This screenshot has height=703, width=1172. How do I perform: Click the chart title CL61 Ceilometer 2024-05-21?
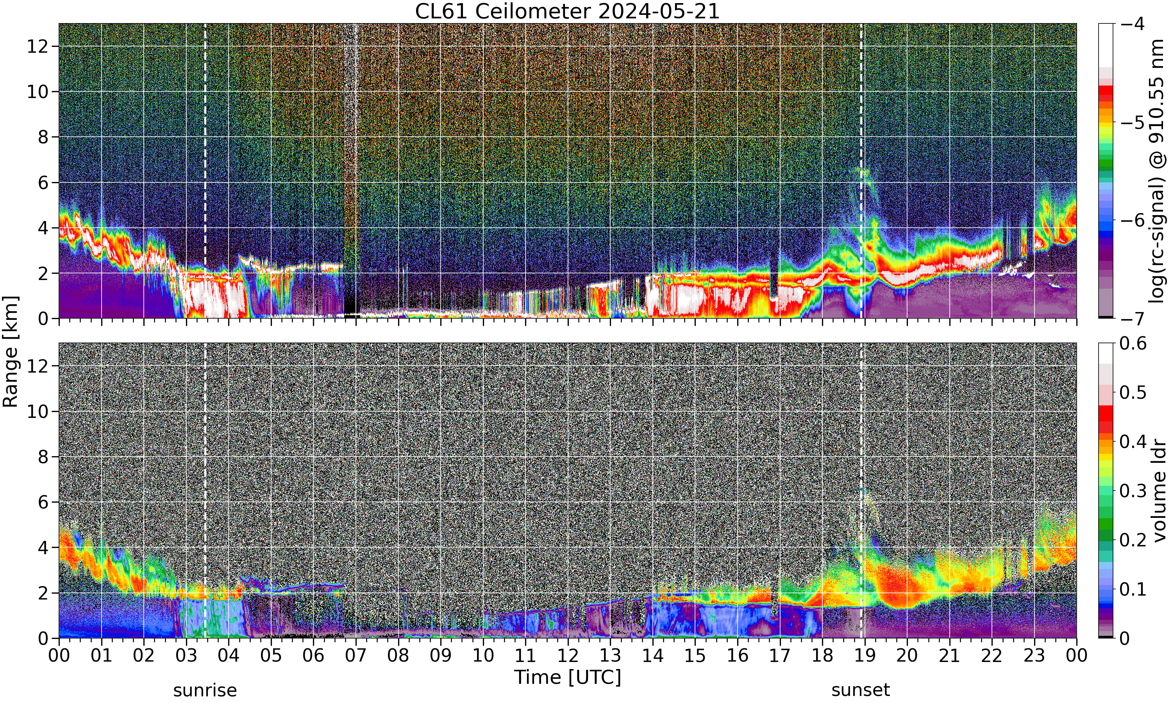pos(567,11)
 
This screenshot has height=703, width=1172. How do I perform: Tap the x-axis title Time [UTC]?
pos(567,678)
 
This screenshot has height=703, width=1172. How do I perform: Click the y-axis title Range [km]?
pos(11,351)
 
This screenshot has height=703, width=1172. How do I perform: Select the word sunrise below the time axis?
pos(205,691)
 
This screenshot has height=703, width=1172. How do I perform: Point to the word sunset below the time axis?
pos(861,691)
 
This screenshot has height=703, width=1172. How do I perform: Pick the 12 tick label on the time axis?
pos(568,656)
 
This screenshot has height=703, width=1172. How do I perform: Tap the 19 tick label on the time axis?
pos(865,656)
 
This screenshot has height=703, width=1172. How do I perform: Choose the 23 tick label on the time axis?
pos(1034,656)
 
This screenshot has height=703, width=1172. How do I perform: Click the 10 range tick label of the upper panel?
pos(38,92)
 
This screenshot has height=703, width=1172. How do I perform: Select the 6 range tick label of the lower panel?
pos(43,502)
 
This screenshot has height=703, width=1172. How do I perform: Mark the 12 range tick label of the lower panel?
pos(38,366)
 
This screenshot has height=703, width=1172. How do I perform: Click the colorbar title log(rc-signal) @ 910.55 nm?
pos(1157,171)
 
